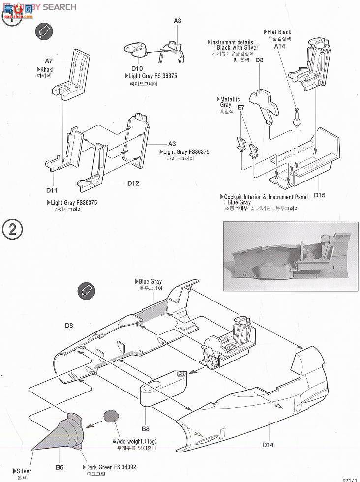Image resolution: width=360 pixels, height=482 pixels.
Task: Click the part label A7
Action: pos(49,61)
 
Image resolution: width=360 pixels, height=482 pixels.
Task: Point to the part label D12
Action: pos(133,183)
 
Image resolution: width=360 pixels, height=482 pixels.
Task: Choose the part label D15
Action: pos(319,195)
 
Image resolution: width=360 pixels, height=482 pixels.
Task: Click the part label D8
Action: pos(68,325)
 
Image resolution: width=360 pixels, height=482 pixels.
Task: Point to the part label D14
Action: pos(268,446)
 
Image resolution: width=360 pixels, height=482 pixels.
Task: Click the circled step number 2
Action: pos(12,230)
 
